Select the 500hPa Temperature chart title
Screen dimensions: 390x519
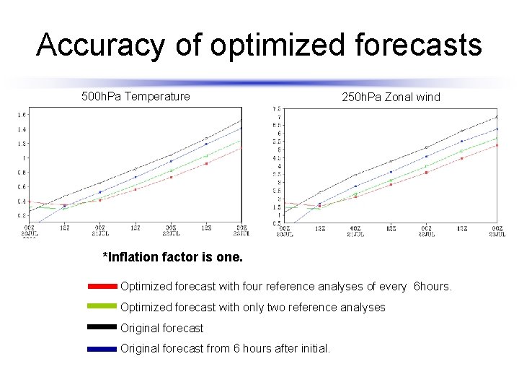click(136, 96)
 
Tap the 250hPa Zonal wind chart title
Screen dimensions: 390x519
click(390, 97)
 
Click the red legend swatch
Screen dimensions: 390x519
click(102, 287)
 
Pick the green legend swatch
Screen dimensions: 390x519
click(102, 307)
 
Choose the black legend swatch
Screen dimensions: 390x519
click(102, 328)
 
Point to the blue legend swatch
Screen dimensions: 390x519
click(102, 348)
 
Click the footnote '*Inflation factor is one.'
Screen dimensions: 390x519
click(173, 257)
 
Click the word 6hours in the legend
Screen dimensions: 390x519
click(432, 287)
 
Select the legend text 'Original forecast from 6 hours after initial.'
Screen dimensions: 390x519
click(225, 348)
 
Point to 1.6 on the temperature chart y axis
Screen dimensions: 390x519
click(22, 115)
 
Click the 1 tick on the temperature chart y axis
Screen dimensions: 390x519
click(24, 158)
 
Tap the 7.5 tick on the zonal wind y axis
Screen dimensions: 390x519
click(276, 109)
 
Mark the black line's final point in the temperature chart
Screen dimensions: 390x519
click(241, 121)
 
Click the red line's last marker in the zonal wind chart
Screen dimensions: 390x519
click(497, 145)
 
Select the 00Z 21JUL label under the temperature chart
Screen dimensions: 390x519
click(99, 230)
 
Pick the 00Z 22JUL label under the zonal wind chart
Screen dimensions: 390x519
click(426, 230)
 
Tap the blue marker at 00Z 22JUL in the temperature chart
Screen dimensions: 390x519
click(171, 161)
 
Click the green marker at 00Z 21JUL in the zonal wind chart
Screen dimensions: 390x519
click(355, 194)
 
